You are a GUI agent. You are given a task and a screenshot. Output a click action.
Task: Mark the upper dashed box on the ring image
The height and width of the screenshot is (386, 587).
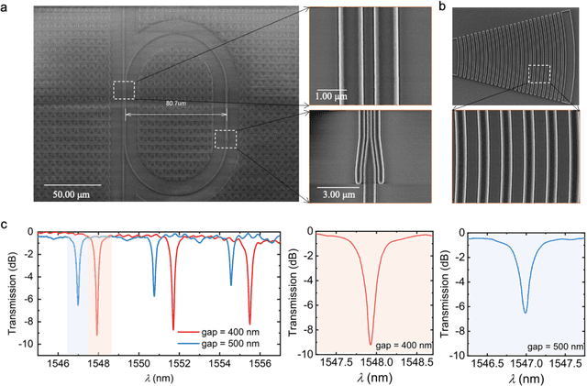[123, 90]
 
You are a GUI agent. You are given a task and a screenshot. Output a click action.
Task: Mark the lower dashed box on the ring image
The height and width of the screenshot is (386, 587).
[225, 138]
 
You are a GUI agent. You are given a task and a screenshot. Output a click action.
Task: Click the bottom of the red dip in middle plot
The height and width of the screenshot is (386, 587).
[371, 344]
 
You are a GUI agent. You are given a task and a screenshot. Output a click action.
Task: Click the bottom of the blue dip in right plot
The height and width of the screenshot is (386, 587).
[525, 313]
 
